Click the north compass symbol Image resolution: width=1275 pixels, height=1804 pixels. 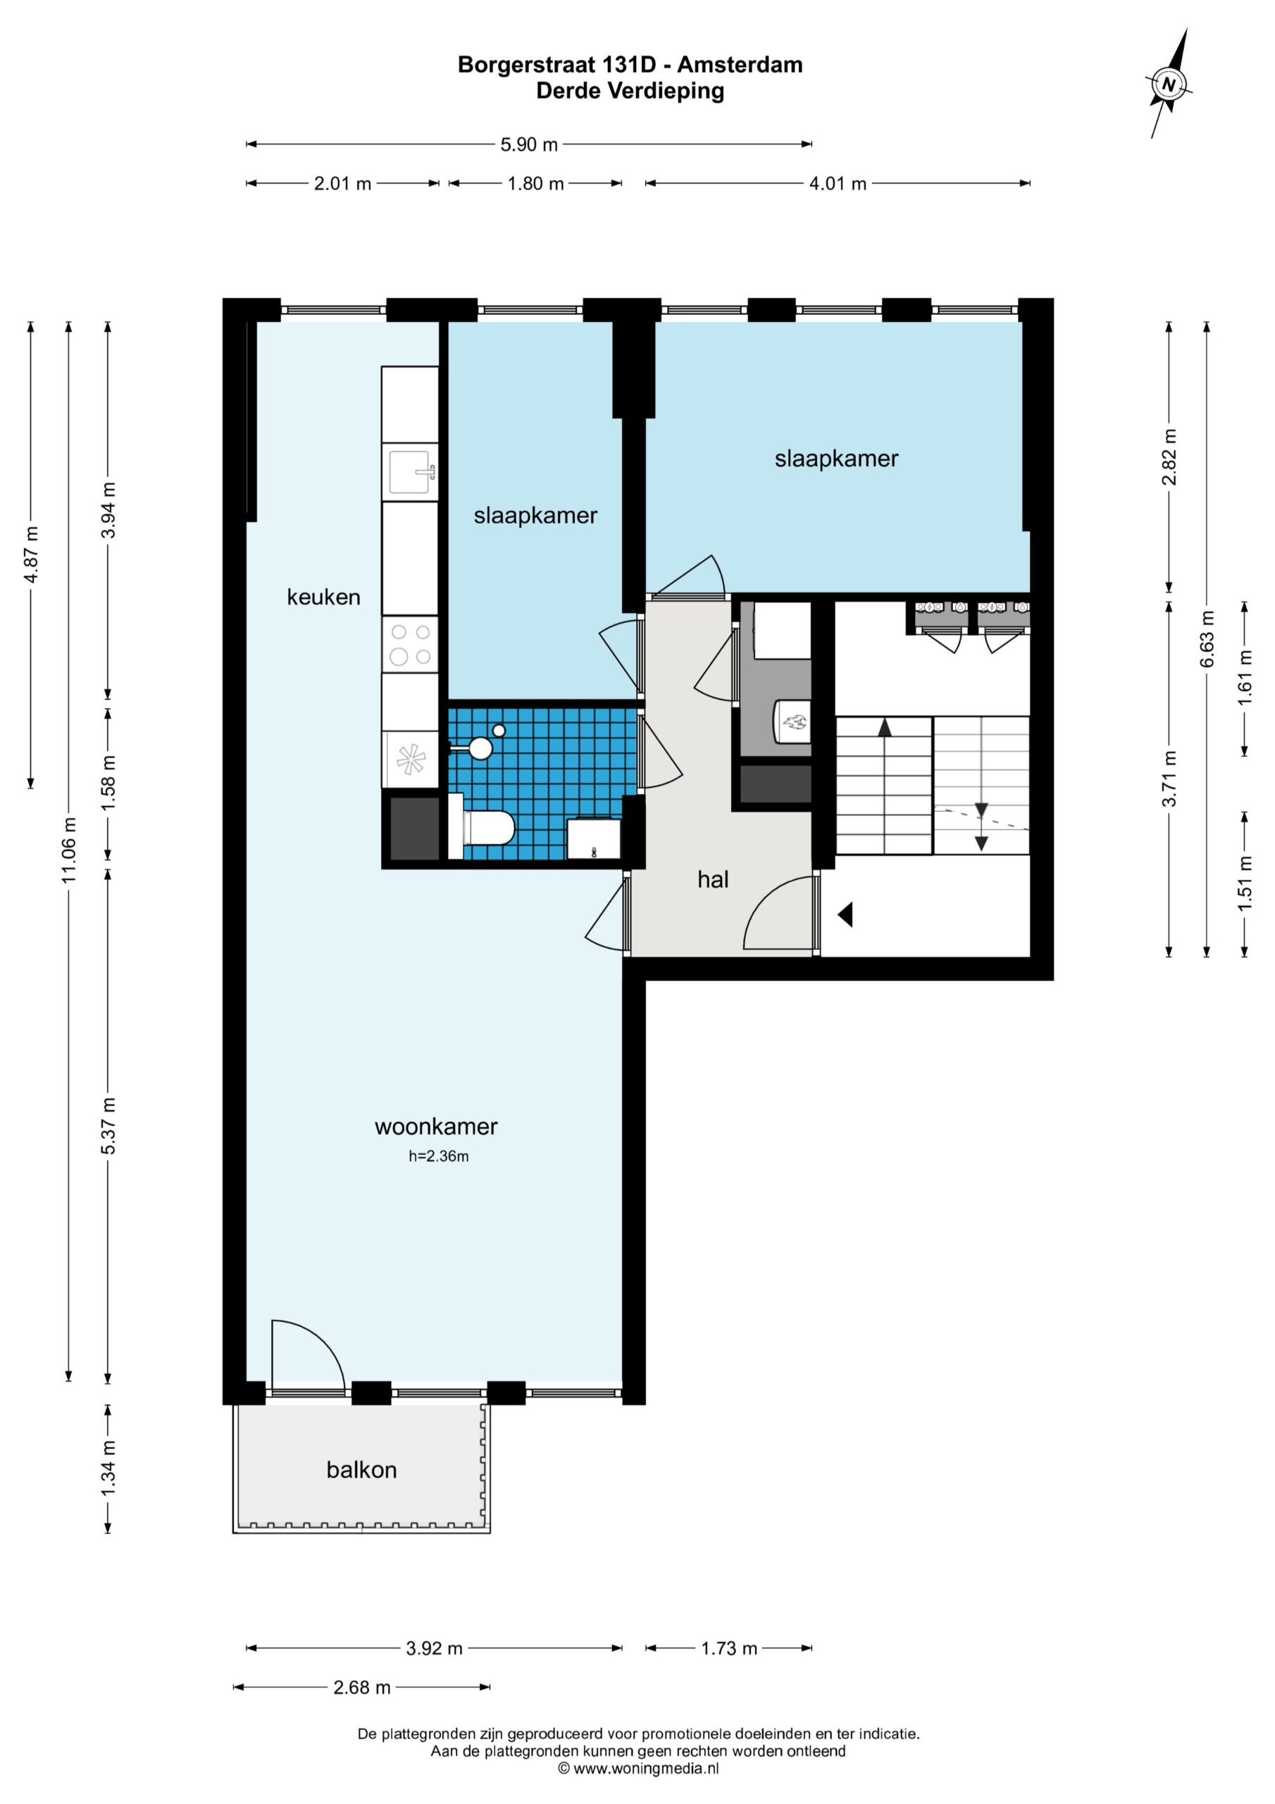click(1170, 83)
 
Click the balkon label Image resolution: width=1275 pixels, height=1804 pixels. click(361, 1470)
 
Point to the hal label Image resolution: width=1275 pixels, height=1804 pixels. click(714, 880)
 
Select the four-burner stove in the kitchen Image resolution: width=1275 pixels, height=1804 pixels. click(410, 643)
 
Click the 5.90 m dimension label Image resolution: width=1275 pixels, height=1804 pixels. click(529, 144)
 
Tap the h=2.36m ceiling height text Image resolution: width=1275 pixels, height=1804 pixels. click(439, 1156)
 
